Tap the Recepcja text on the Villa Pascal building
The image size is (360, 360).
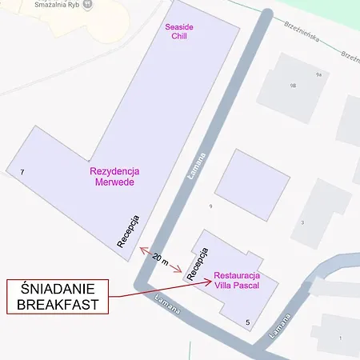click(x=198, y=263)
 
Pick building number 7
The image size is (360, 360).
click(x=22, y=172)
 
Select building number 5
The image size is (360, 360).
click(x=248, y=322)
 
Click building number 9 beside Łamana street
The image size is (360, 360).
click(x=210, y=206)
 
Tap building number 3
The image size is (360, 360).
click(x=302, y=222)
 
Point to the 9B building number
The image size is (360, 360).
click(x=294, y=84)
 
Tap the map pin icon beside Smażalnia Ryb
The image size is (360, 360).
click(x=87, y=4)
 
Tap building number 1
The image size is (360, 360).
click(x=339, y=338)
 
